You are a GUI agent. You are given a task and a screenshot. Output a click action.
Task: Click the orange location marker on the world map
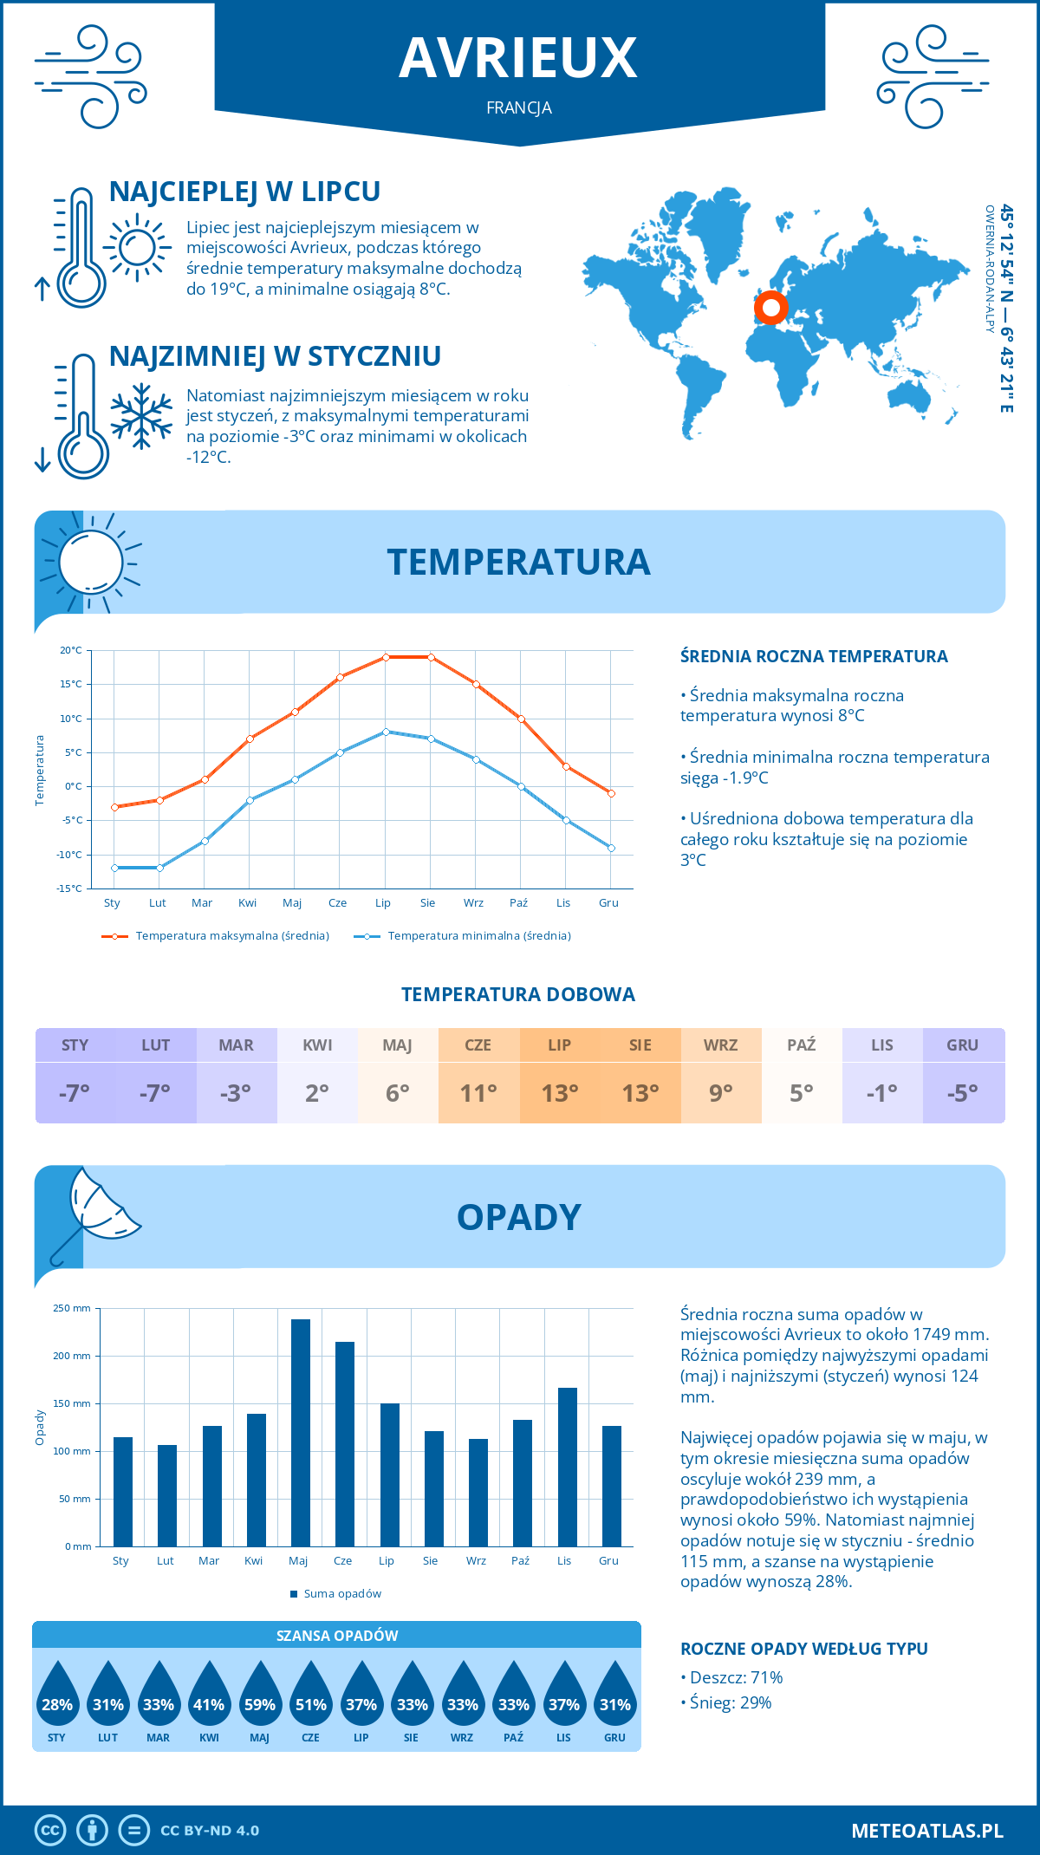tap(770, 307)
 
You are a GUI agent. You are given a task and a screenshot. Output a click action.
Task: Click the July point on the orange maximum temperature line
tap(386, 657)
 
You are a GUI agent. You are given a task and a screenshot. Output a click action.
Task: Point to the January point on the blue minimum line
tap(114, 868)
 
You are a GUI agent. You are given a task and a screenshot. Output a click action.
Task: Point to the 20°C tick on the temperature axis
tap(71, 650)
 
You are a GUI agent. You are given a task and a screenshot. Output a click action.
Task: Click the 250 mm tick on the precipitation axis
tap(72, 1308)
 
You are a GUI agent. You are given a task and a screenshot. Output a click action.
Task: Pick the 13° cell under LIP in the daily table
tap(559, 1093)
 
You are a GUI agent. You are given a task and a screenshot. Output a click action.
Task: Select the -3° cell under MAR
tap(236, 1093)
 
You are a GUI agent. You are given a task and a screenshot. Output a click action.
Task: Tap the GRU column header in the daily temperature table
tap(962, 1045)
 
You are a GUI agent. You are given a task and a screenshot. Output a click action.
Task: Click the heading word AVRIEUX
tap(518, 58)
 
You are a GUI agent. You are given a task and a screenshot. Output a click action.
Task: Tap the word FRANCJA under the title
tap(519, 108)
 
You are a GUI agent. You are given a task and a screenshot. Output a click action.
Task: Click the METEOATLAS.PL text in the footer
tap(927, 1831)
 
